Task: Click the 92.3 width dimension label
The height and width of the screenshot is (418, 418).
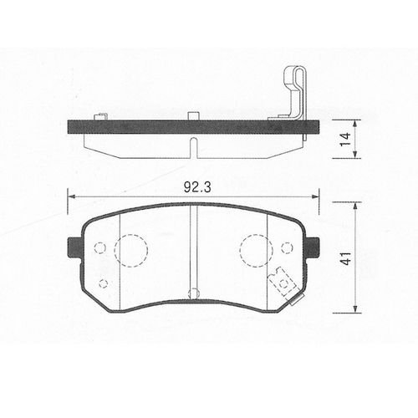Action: coord(194,188)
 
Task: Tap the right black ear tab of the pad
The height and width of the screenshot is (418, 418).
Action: coord(313,248)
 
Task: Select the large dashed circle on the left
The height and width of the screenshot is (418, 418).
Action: coord(130,250)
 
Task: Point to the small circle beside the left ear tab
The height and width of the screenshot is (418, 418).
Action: coord(100,248)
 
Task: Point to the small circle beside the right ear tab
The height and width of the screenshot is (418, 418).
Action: coord(287,247)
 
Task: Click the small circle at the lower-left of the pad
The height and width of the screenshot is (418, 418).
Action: coord(103,283)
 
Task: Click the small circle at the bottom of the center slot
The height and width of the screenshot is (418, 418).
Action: coord(194,293)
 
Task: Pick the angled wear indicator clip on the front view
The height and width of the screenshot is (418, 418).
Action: coord(283,283)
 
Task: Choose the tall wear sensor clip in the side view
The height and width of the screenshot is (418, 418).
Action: coord(292,96)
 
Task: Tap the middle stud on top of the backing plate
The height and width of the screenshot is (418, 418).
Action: coord(192,116)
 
